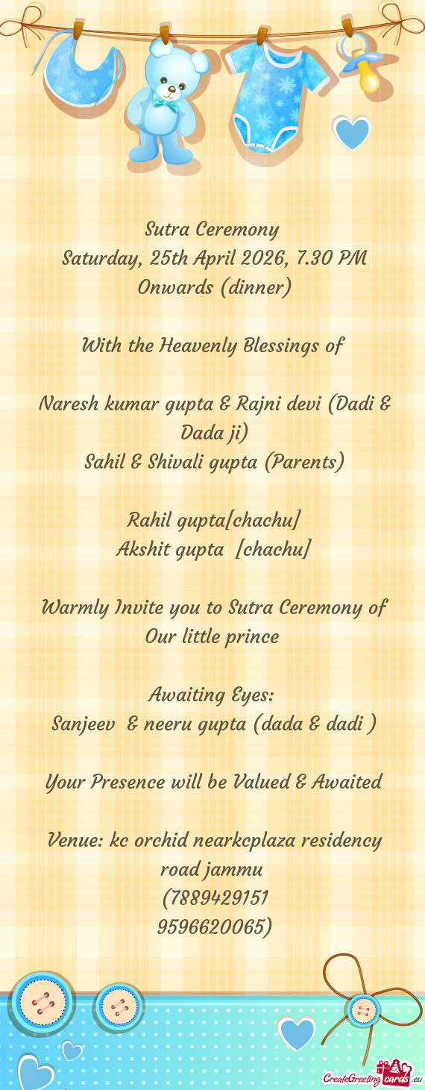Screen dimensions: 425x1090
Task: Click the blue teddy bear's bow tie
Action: [166, 104]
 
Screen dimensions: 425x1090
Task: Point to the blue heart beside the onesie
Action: [350, 133]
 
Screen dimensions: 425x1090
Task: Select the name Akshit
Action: [142, 550]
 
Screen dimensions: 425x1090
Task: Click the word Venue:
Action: [75, 841]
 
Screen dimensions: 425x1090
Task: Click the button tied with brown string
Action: [363, 1011]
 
